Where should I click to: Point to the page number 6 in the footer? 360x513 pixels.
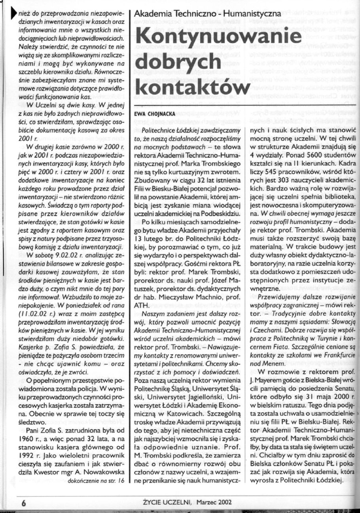24,503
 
